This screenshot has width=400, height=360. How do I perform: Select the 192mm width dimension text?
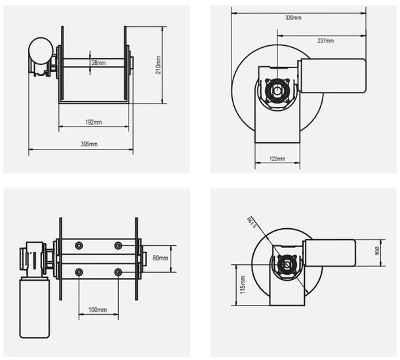94,122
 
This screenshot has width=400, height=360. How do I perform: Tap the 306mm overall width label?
89,144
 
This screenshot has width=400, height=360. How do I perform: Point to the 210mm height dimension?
158,66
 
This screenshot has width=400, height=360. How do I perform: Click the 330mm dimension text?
293,18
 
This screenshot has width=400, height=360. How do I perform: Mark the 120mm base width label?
277,159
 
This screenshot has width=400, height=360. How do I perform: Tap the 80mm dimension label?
159,258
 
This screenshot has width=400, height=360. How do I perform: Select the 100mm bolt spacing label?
98,309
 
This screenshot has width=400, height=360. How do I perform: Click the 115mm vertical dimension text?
243,285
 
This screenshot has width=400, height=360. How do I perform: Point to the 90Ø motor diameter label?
376,252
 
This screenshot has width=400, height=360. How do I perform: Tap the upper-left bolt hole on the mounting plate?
79,245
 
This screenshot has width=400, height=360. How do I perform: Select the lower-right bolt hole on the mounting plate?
118,271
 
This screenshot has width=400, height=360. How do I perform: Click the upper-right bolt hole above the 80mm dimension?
118,245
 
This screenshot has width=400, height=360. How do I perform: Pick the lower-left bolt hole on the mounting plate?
79,271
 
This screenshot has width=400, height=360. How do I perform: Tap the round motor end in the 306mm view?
40,49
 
